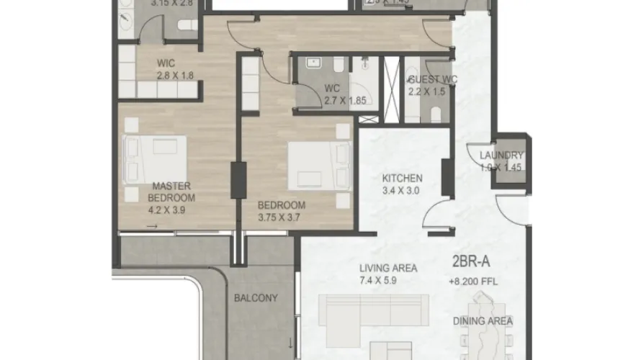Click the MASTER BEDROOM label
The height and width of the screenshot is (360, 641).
[x=171, y=191]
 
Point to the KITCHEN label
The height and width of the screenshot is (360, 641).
[x=402, y=179]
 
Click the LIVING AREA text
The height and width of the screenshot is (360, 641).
[x=388, y=269]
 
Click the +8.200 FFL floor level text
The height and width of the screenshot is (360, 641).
[x=472, y=281]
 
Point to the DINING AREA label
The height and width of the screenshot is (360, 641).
[x=483, y=321]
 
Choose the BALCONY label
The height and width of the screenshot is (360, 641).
[x=256, y=297]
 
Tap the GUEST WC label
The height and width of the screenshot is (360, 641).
[x=432, y=79]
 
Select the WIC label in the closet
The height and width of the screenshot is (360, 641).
[x=166, y=63]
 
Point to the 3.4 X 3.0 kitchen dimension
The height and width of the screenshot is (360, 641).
[x=402, y=191]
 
